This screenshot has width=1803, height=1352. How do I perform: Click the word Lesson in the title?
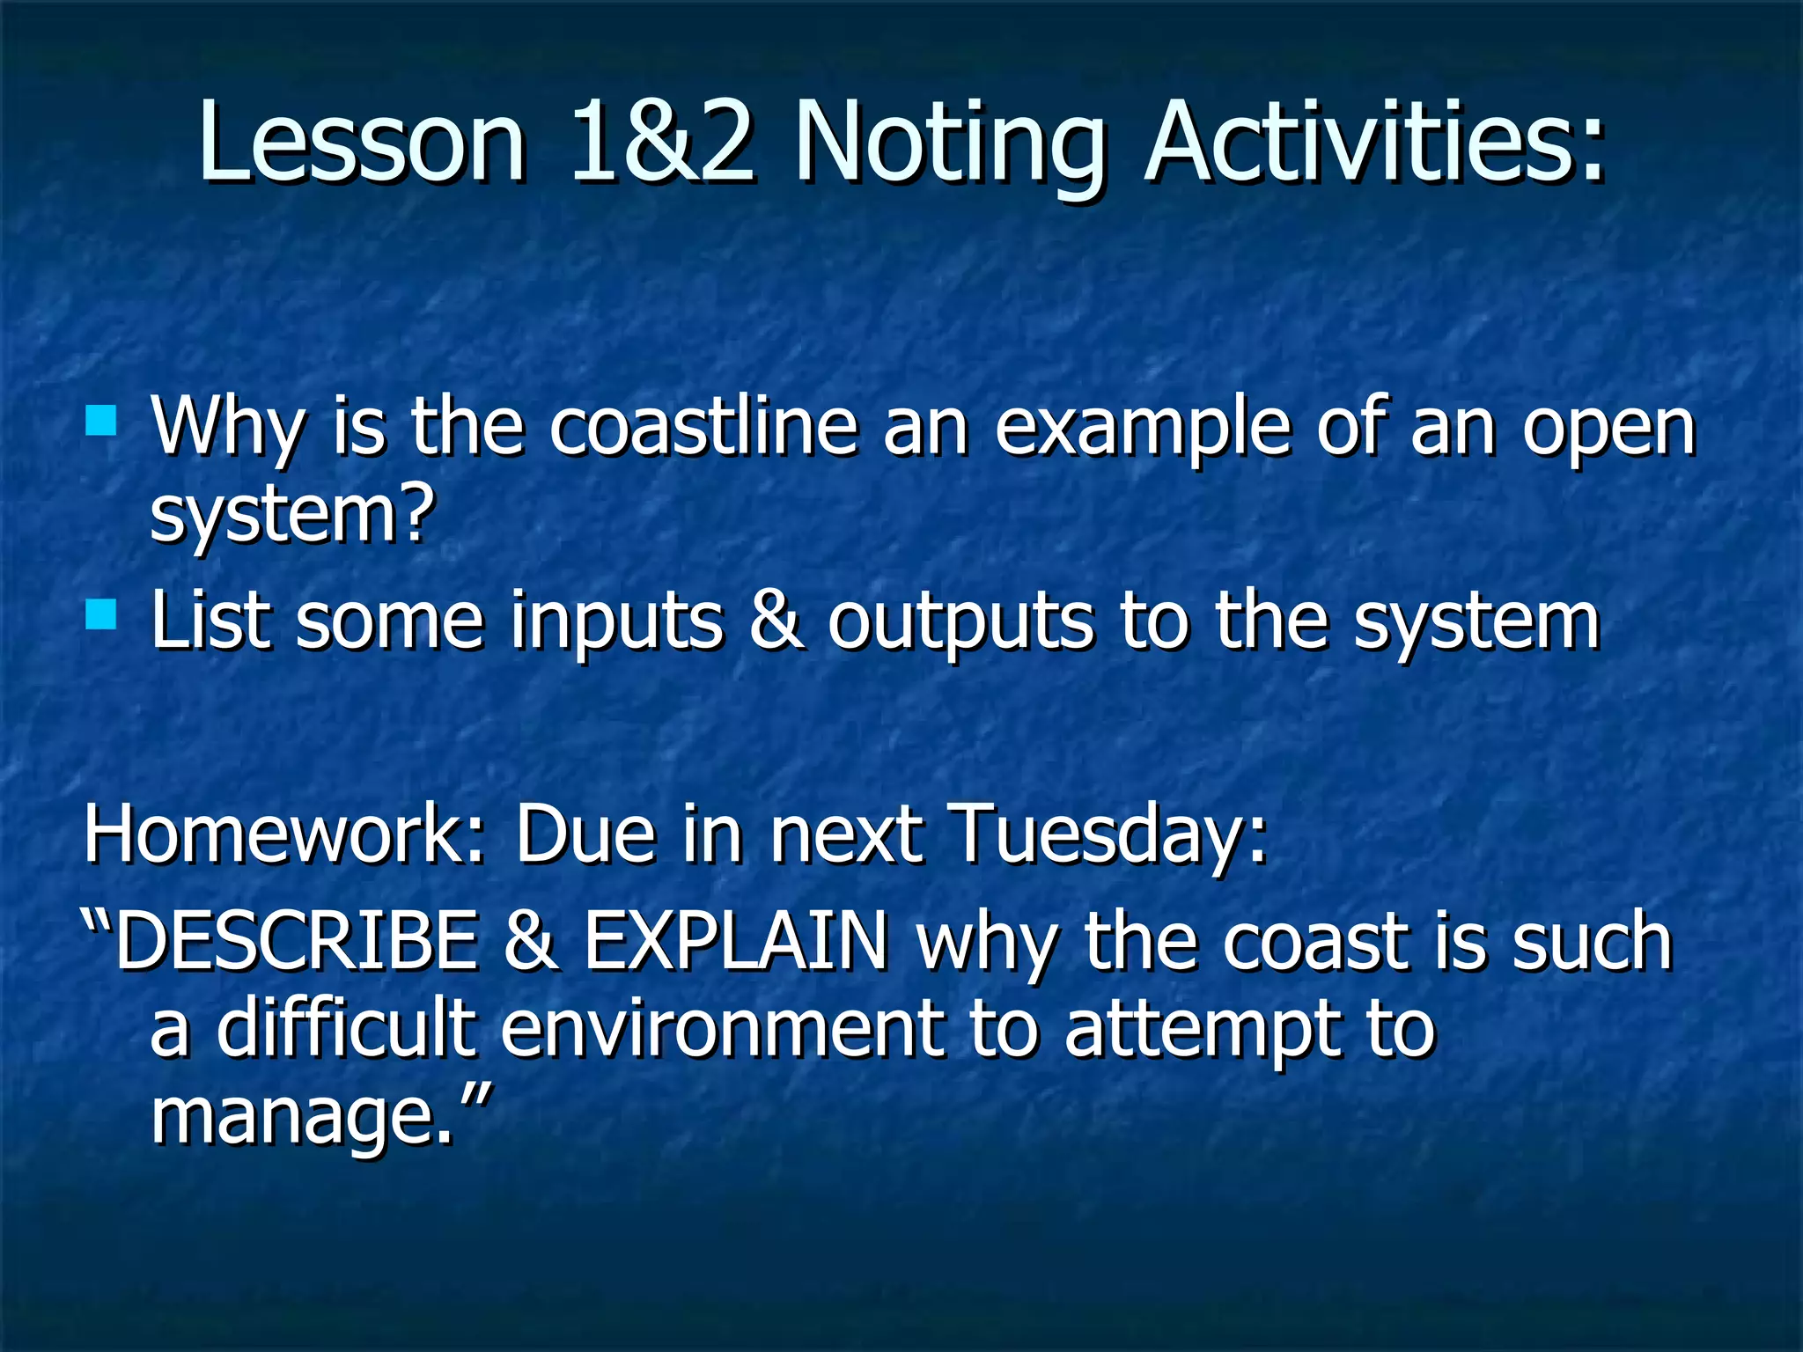[x=361, y=143]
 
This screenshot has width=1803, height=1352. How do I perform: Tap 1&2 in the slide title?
[x=662, y=143]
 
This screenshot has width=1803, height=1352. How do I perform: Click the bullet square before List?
[x=101, y=614]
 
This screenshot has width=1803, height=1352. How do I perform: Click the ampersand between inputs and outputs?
[x=775, y=621]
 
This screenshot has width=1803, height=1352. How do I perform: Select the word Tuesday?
[x=1109, y=836]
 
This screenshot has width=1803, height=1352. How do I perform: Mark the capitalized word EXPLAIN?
[x=736, y=942]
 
